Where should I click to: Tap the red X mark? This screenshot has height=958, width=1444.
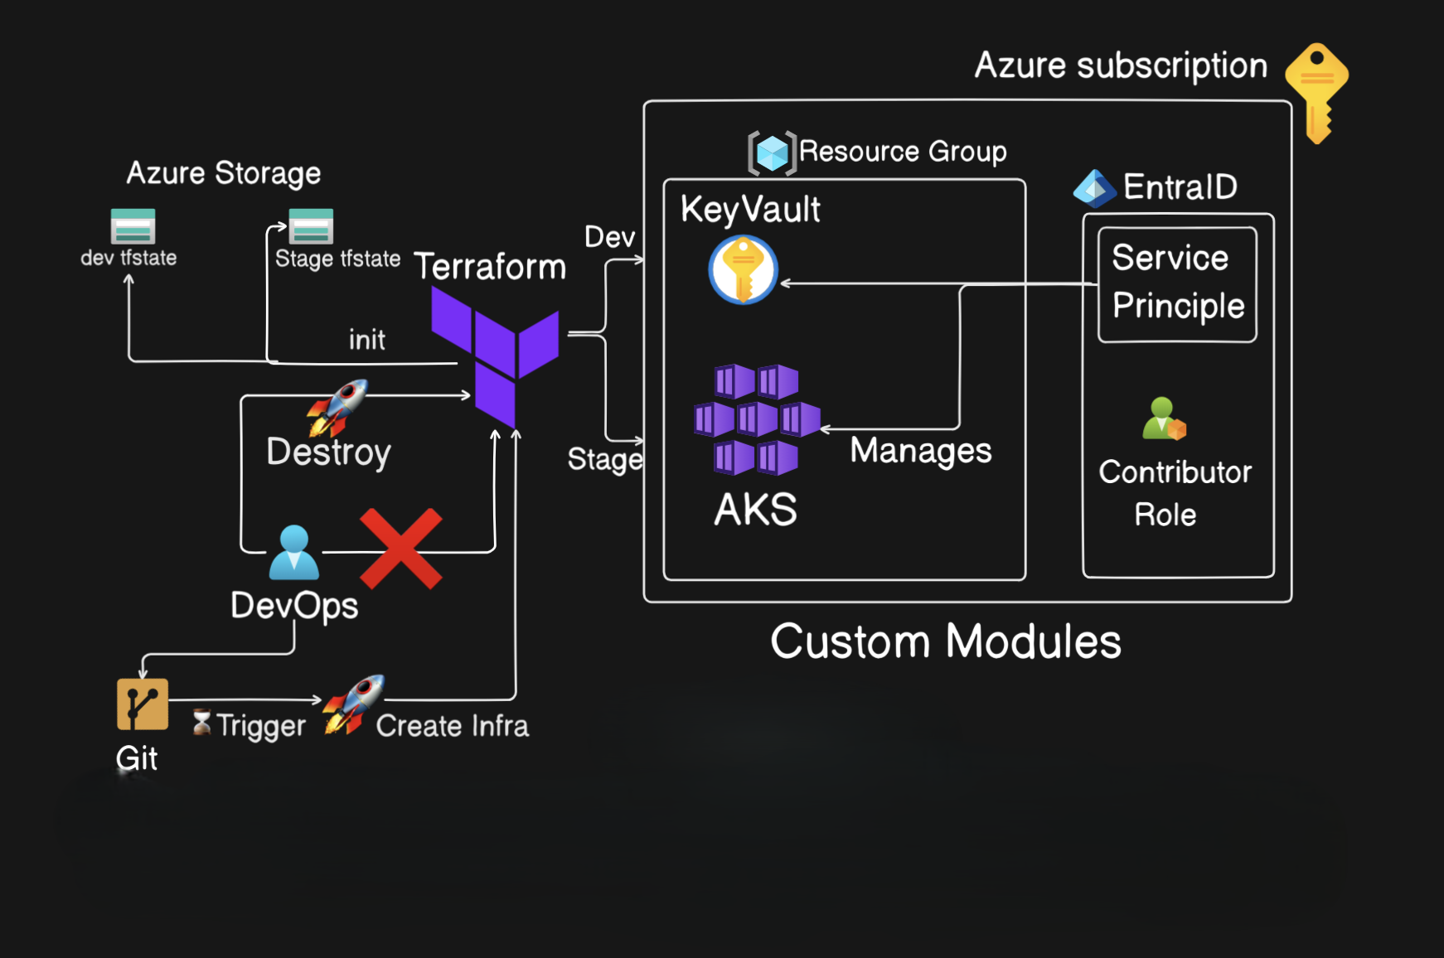coord(401,549)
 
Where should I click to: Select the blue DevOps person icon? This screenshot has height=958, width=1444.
coord(293,553)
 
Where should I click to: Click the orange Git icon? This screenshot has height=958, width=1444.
coord(143,704)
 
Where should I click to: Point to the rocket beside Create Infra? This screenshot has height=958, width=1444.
coord(354,704)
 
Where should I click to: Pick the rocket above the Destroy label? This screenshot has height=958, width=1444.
coord(338,407)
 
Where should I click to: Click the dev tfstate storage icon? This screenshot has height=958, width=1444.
coord(133,226)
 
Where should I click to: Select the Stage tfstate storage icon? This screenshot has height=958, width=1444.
coord(311,226)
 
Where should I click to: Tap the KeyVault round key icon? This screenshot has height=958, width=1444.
coord(743,270)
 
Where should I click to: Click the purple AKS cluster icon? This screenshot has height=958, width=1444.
coord(756,419)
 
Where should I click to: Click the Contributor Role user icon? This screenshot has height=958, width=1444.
coord(1164,419)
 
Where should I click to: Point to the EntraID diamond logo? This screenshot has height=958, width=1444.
coord(1094,189)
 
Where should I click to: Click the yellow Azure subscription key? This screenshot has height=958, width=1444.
coord(1317,91)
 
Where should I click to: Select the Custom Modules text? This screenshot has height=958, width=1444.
coord(945,641)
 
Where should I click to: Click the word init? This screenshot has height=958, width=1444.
coord(366,340)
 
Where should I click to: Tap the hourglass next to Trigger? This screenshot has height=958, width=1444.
coord(201,723)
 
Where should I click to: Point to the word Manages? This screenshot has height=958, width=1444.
coord(920,451)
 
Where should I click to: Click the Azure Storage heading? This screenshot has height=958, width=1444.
coord(223,173)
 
